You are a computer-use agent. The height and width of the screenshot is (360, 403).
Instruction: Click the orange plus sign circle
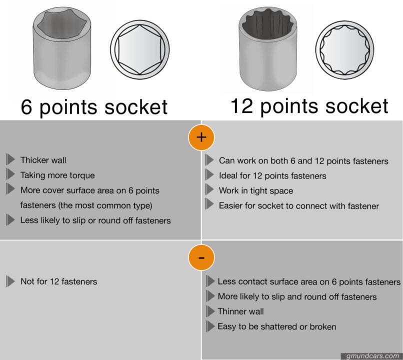coord(201,137)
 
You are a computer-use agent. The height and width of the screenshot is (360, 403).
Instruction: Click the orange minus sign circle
coord(201,257)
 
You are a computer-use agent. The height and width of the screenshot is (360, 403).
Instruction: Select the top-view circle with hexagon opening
coord(139,49)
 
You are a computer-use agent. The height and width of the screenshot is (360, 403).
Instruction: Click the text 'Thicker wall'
coord(43,160)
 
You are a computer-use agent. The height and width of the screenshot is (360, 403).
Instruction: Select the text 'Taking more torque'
coord(57,175)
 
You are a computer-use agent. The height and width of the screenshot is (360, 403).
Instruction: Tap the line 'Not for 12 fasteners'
coord(58,281)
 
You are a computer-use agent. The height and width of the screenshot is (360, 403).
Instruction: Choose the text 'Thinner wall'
coord(240,311)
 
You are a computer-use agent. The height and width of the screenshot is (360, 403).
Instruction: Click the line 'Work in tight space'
coord(255,190)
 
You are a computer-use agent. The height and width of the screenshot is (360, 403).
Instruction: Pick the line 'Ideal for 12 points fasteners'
coord(272,175)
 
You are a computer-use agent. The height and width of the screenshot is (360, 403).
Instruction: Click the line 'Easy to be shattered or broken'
coord(276,326)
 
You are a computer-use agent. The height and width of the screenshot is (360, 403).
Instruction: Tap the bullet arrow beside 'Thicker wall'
coord(10,160)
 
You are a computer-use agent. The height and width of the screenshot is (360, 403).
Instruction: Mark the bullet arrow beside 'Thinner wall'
coord(210,311)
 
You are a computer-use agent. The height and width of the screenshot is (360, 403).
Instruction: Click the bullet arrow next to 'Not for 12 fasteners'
coord(10,281)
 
